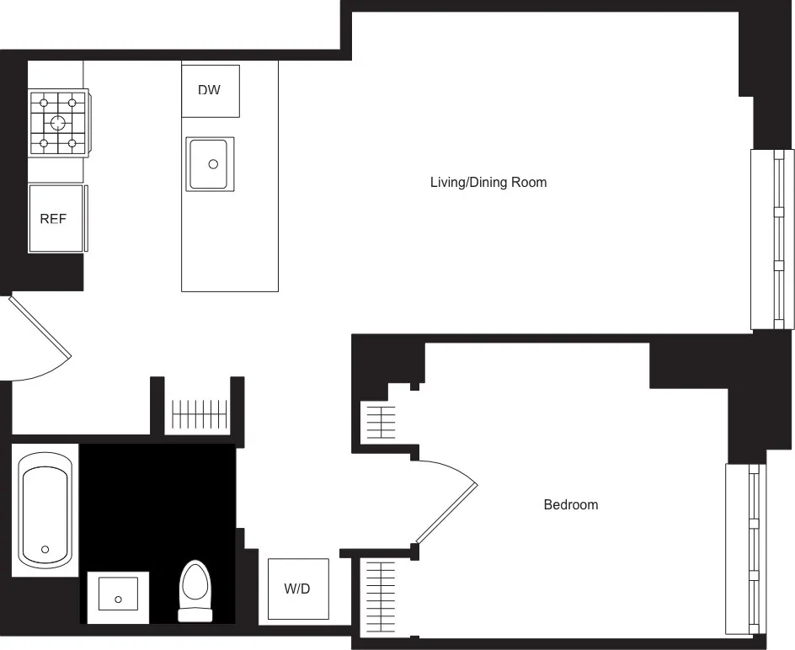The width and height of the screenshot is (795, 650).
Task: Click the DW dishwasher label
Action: (x=210, y=90)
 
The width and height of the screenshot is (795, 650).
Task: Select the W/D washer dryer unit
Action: (x=297, y=589)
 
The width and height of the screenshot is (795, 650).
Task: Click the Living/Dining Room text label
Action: (x=488, y=182)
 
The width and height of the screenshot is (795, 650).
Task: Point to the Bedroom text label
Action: (x=570, y=505)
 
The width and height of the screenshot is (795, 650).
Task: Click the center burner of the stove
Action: (x=57, y=123)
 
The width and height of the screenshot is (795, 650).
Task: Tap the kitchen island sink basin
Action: (x=211, y=164)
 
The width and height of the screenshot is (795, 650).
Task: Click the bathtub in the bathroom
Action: (x=45, y=510)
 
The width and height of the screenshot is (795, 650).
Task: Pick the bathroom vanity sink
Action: (x=119, y=597)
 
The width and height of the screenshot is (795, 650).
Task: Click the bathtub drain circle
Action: (x=45, y=550)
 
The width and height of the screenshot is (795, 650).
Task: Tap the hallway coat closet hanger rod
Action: (x=200, y=414)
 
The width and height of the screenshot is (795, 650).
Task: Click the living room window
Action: (x=772, y=239)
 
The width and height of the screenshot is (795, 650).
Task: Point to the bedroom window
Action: (x=746, y=549)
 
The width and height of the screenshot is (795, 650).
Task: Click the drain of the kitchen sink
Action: (x=213, y=165)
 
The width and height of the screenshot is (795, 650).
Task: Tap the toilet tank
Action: (x=195, y=614)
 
